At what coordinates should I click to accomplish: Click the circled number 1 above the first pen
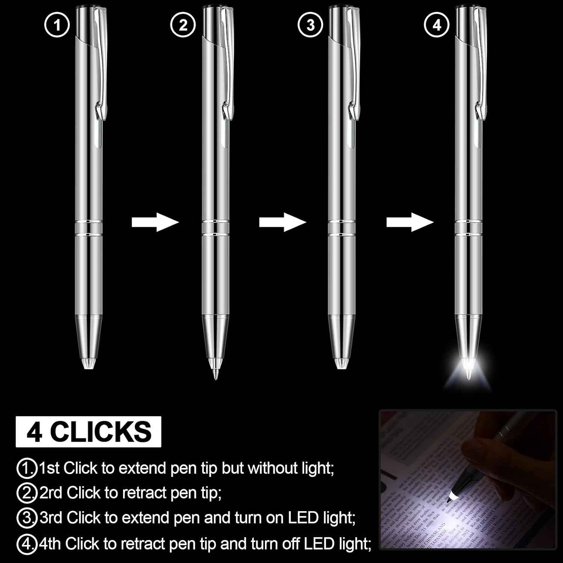coord(57,25)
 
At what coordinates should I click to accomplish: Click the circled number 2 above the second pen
coord(183,25)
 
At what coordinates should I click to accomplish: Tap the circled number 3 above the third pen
coord(310,25)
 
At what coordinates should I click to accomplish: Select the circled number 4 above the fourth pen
coord(437,25)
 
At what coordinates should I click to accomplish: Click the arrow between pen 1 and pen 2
coord(155,222)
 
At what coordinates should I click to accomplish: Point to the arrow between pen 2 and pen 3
coord(282,222)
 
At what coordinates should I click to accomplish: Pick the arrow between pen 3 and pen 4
coord(410,222)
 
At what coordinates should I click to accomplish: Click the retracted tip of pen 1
coord(89,363)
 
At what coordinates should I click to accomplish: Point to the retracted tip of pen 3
coord(341,363)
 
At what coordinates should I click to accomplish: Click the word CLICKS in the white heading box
coord(101,432)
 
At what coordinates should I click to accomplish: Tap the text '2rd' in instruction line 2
coord(51,493)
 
